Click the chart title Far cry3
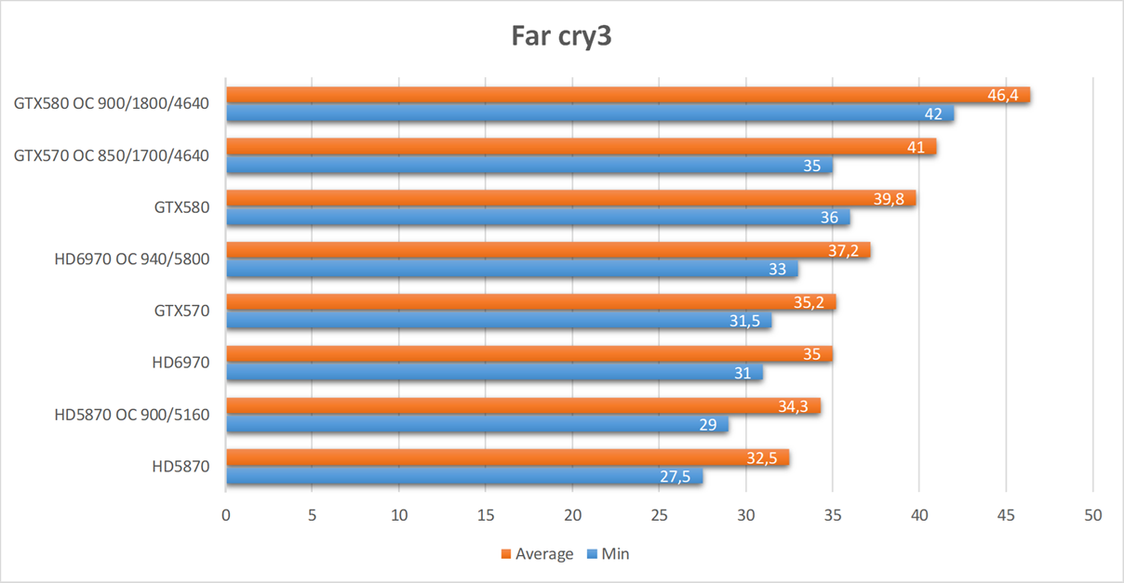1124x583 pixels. pos(562,36)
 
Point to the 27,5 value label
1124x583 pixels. pos(676,477)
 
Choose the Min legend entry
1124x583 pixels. pos(615,554)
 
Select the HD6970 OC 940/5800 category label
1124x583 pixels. pos(132,259)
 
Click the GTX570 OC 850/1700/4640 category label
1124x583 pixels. pos(112,155)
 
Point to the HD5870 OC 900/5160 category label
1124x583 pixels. pos(132,415)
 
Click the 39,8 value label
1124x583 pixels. pos(889,199)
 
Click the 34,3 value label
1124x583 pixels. pos(793,406)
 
